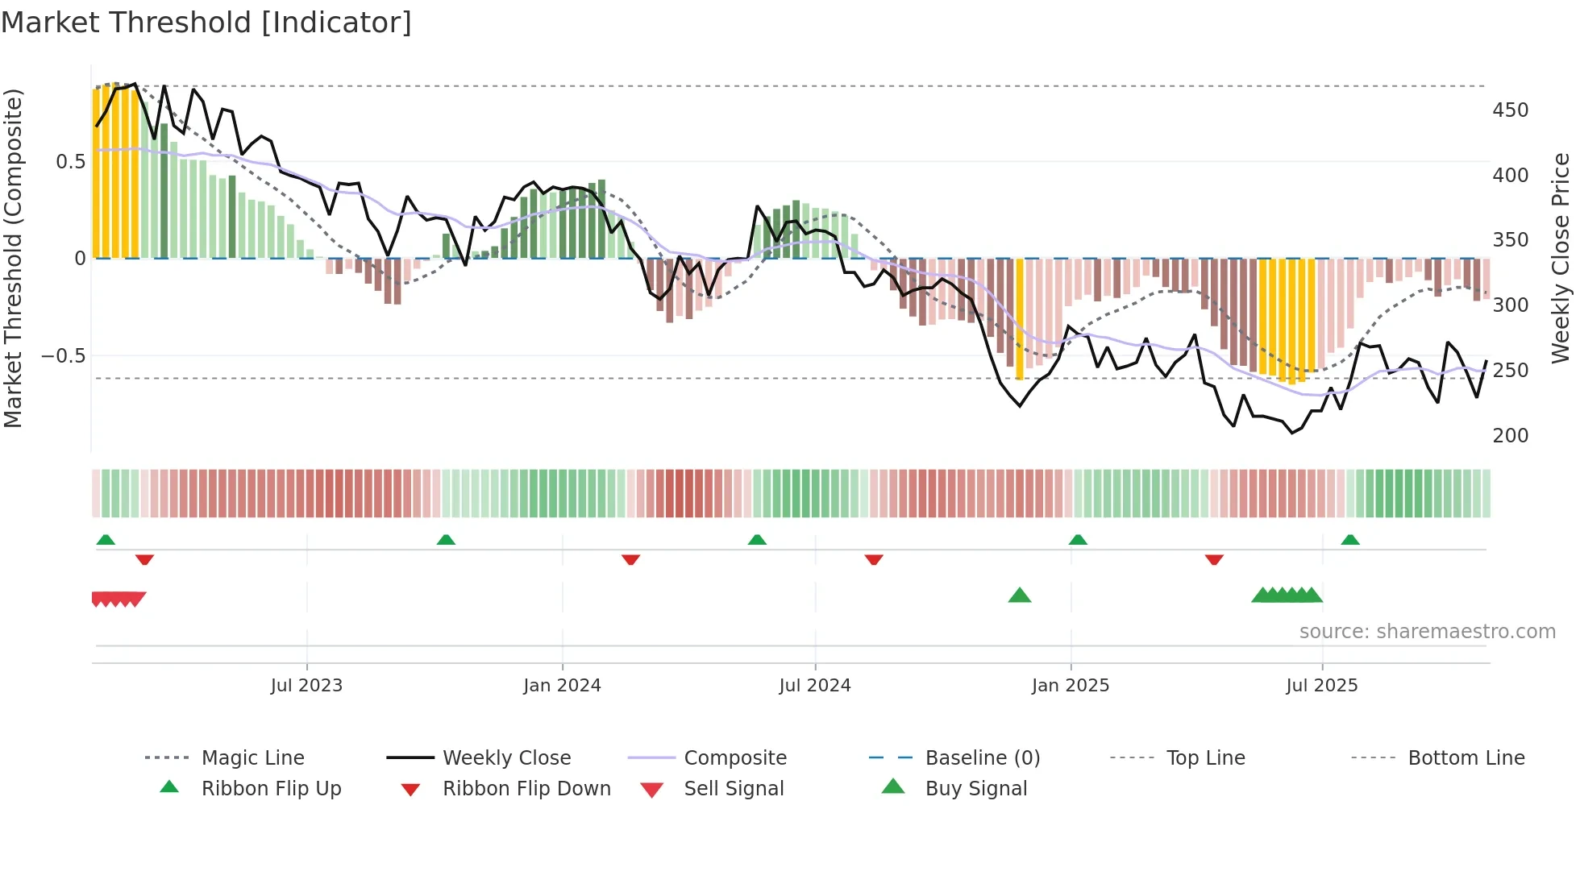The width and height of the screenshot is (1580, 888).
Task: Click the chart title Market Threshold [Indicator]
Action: [x=206, y=23]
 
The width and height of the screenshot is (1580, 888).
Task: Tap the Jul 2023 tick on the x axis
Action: [x=306, y=686]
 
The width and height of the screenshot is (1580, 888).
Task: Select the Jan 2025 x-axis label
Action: [x=1071, y=686]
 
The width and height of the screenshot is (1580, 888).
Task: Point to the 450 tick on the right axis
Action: [x=1510, y=110]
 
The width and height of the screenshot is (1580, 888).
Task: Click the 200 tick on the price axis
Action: [x=1510, y=436]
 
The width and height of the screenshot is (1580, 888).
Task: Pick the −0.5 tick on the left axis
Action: [x=63, y=356]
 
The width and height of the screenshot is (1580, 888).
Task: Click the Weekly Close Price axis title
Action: [x=1561, y=258]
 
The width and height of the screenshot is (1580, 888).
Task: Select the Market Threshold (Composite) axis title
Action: [x=13, y=258]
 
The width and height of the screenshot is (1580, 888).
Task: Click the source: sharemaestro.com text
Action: [x=1427, y=632]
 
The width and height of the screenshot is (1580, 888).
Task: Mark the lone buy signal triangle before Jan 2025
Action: [x=1020, y=595]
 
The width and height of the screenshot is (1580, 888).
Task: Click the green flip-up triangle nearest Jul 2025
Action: [x=1350, y=540]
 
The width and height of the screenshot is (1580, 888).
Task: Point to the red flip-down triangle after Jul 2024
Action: [x=874, y=559]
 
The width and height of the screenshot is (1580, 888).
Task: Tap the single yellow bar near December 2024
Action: [x=1020, y=318]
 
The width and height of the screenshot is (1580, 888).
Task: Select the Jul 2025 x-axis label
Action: [x=1322, y=686]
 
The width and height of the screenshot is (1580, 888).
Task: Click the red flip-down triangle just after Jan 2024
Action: [x=631, y=559]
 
